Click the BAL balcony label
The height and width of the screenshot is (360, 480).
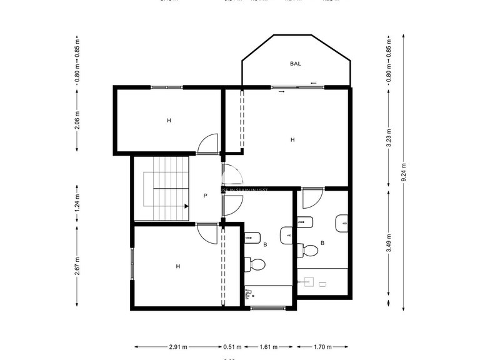295,64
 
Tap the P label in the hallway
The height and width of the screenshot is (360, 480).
205,196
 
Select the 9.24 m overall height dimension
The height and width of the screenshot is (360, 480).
404,172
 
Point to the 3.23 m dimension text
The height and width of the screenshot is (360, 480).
389,137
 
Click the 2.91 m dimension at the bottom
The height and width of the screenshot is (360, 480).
178,346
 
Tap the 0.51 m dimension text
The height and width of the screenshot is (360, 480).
232,346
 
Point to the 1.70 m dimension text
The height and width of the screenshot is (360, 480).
322,346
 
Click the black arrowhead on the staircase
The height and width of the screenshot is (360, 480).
186,206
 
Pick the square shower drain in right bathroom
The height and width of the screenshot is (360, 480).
322,284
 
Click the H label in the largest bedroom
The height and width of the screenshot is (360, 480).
292,140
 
